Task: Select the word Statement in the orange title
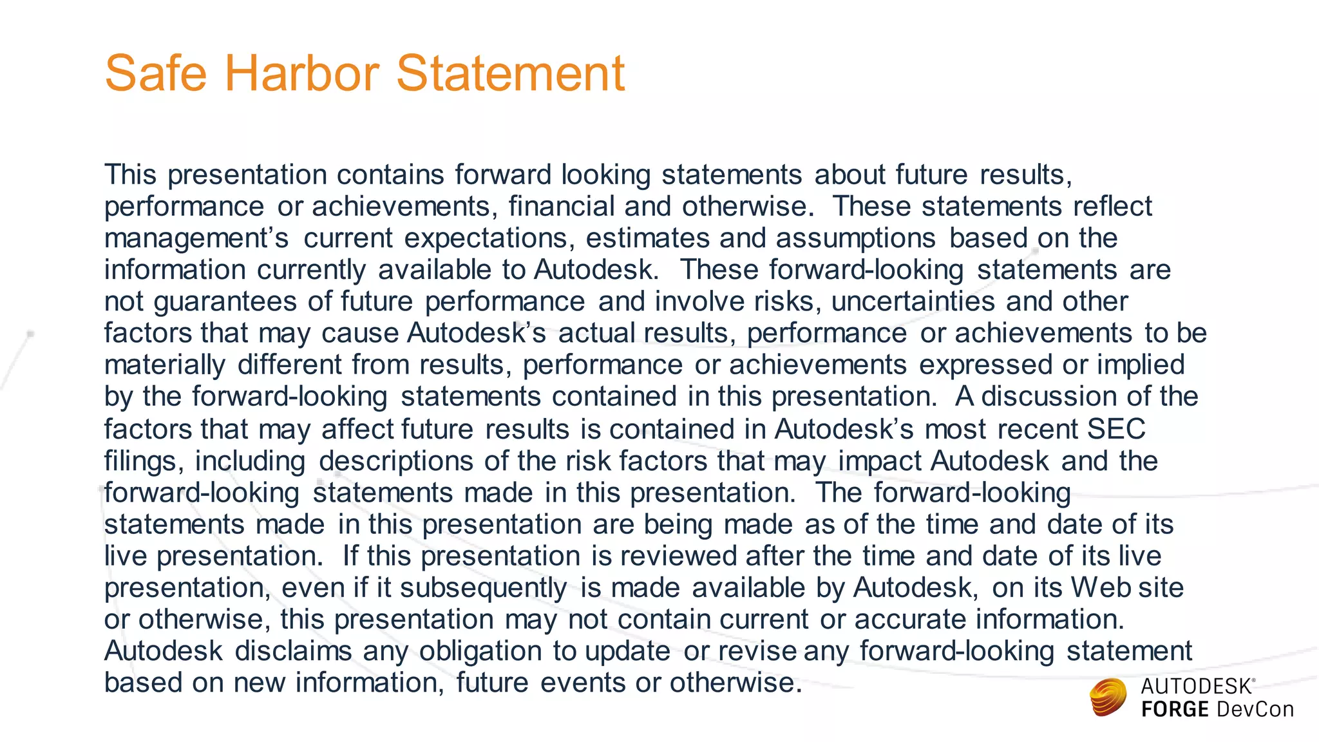(510, 73)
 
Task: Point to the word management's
(196, 238)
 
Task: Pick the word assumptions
(855, 238)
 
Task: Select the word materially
(165, 365)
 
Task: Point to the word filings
(144, 461)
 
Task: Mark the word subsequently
(483, 588)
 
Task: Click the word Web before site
(1099, 587)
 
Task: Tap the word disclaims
(293, 651)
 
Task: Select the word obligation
(480, 651)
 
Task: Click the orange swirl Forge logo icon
(1108, 698)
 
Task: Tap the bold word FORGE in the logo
(1175, 710)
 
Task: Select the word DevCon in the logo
(1255, 710)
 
